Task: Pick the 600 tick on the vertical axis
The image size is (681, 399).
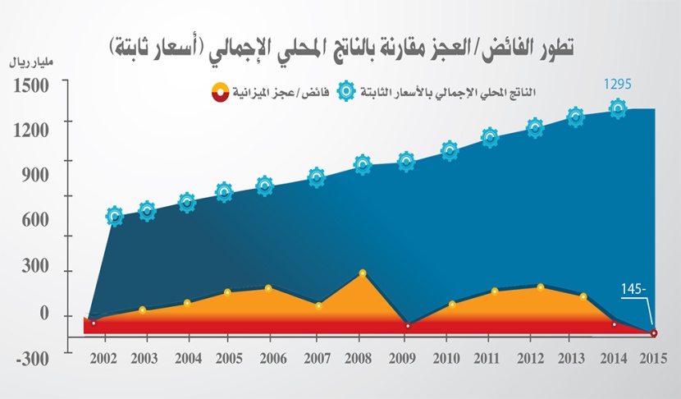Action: (x=36, y=220)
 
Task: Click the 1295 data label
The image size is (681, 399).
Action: (x=616, y=84)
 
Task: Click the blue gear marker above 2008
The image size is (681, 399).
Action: (x=363, y=164)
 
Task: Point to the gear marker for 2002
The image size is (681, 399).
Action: (x=114, y=217)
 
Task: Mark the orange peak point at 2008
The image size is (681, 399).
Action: (x=362, y=273)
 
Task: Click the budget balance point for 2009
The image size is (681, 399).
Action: (x=407, y=326)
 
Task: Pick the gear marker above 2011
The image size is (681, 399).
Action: (x=490, y=137)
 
